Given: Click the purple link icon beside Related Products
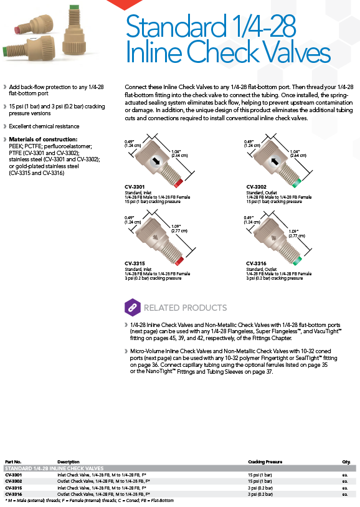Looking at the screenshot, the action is [x=133, y=308].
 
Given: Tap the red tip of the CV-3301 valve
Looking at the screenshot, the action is [x=178, y=183].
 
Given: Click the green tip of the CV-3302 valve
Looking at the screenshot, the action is [x=296, y=183].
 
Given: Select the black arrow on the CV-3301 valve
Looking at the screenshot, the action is [x=156, y=161].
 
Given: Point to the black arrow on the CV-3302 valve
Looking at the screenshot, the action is [x=275, y=161].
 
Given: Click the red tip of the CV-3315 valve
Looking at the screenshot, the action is [x=179, y=260].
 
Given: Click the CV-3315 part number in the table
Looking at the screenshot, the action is [x=13, y=488].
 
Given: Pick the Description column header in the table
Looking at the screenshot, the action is [x=69, y=462].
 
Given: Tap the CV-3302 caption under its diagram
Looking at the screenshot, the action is [x=256, y=187].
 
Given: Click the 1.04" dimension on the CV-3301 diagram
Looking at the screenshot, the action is [x=176, y=151].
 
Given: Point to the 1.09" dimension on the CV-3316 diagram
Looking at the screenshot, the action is [x=293, y=232].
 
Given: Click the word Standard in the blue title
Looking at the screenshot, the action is [x=176, y=26].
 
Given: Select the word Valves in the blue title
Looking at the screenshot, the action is [x=290, y=51].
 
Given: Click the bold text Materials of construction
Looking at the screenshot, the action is [x=43, y=140].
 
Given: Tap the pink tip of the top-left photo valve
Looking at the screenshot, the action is [x=16, y=30].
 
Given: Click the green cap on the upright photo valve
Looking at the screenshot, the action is [x=74, y=7].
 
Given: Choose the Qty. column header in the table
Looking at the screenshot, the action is [x=346, y=462].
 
